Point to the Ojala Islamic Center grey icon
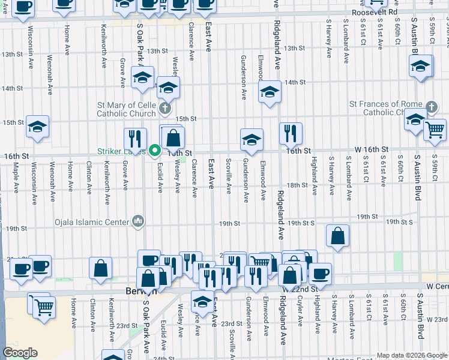tap(139, 221)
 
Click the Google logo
tap(20, 353)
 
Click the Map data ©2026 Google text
tap(412, 355)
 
